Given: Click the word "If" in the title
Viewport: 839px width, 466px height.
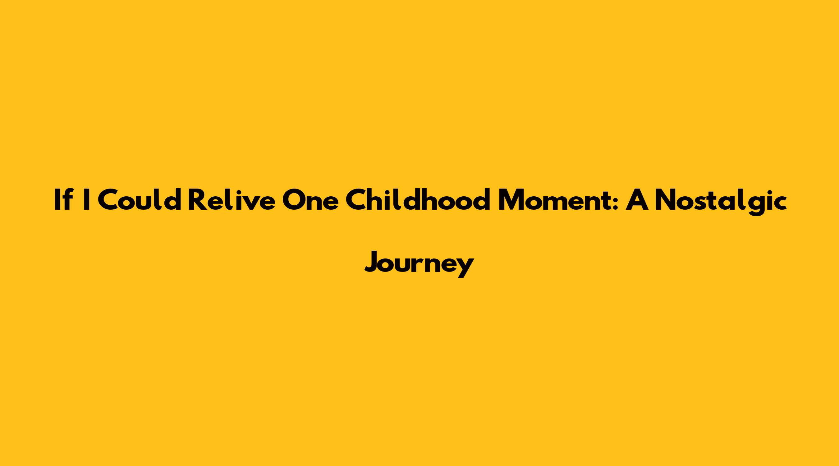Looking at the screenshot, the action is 62,199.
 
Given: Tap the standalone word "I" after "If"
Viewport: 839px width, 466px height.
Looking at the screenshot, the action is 85,200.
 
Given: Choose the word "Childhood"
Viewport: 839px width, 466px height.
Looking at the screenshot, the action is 418,199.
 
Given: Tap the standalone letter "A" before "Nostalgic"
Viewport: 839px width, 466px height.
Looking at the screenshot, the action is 638,200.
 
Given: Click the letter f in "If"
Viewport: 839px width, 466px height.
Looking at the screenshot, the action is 66,199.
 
